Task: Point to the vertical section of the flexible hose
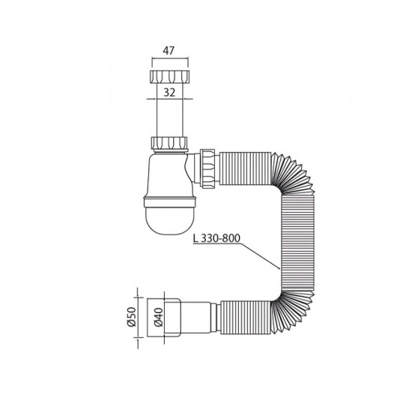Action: point(289,240)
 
